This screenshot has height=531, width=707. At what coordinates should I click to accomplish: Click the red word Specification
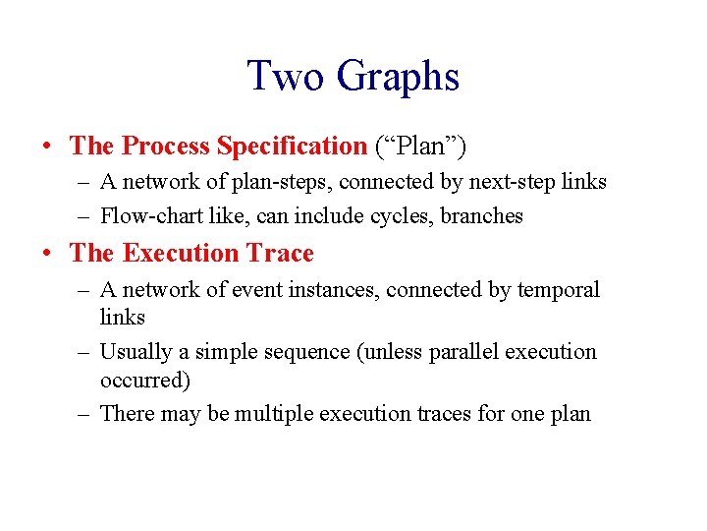(x=292, y=147)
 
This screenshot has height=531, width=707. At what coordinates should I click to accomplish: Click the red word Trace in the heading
(x=280, y=254)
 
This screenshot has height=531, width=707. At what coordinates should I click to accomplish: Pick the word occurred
(x=144, y=379)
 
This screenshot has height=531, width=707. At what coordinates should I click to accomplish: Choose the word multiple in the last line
(x=278, y=414)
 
